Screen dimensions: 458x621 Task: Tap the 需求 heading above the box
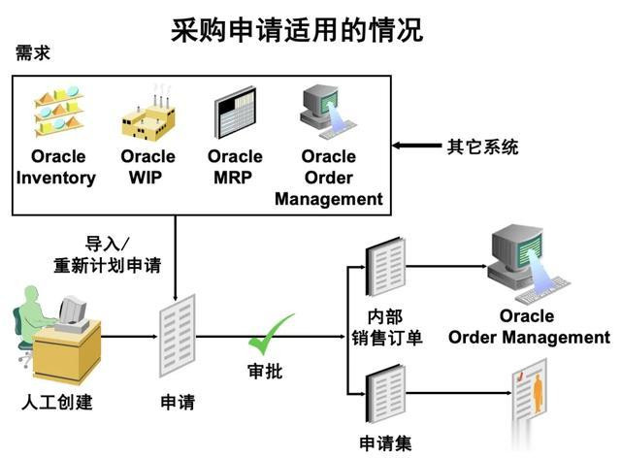tap(32, 53)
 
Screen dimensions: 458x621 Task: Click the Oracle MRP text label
tap(235, 167)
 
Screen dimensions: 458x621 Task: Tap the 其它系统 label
tap(482, 147)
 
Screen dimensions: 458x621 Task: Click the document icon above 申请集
tap(384, 394)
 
